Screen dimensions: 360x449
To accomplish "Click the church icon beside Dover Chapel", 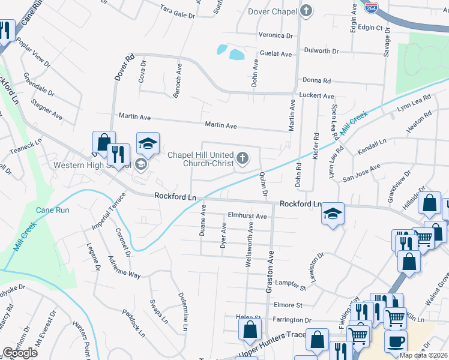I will tap(306, 10).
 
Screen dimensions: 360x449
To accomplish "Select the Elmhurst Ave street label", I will tap(247, 216).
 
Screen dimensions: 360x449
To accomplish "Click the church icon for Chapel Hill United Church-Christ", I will tap(243, 158).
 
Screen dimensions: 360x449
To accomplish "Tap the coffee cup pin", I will tap(396, 342).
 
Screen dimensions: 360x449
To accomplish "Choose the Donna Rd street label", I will tap(317, 80).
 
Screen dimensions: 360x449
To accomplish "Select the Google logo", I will tap(20, 353).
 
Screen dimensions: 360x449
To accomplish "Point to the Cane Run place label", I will tap(53, 209).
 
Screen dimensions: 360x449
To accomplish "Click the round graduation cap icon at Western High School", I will tap(141, 164).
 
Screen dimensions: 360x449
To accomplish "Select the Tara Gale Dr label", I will tap(178, 9).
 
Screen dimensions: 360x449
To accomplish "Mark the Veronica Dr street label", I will tap(276, 35).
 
